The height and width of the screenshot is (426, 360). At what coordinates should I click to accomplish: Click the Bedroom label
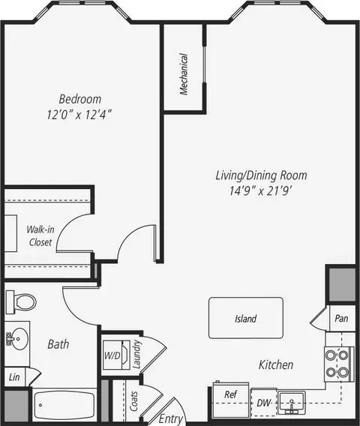[x=80, y=99]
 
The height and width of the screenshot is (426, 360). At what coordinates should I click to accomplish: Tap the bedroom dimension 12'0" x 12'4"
[x=79, y=115]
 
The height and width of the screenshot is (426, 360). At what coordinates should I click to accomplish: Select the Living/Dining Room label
[x=261, y=175]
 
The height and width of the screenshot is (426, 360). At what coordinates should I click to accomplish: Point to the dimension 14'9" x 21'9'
[x=260, y=191]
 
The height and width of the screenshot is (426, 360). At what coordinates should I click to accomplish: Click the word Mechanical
[x=184, y=74]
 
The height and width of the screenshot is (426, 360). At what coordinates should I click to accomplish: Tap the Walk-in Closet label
[x=40, y=235]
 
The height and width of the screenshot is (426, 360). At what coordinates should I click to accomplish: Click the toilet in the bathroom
[x=21, y=301]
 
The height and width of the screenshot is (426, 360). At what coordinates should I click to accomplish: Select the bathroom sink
[x=16, y=338]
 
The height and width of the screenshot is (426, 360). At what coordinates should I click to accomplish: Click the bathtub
[x=63, y=405]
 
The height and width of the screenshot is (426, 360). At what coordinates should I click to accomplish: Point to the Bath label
[x=58, y=344]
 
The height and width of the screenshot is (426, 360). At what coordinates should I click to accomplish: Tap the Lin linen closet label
[x=14, y=377]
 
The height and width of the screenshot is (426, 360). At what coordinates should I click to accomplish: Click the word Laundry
[x=136, y=354]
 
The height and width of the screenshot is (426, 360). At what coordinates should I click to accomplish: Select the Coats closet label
[x=133, y=401]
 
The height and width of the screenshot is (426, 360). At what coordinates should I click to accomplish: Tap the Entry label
[x=170, y=418]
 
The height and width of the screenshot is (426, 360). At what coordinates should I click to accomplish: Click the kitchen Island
[x=246, y=318]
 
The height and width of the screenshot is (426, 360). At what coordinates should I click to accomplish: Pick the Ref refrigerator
[x=231, y=399]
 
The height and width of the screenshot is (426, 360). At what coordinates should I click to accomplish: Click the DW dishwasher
[x=263, y=403]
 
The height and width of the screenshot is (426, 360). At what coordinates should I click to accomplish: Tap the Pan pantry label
[x=341, y=318]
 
